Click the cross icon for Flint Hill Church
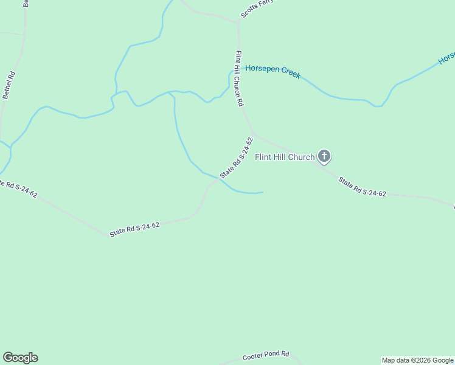[324, 156]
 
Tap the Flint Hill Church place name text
[285, 157]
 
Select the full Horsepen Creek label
[273, 71]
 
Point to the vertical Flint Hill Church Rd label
[239, 79]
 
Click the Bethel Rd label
[9, 85]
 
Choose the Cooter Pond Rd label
[266, 356]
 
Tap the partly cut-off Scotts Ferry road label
[256, 8]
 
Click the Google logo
[20, 358]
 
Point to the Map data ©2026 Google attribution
[417, 360]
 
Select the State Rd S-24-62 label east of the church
[362, 187]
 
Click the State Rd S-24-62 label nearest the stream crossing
[236, 158]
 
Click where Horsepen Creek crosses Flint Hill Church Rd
[239, 68]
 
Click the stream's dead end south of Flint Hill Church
[262, 193]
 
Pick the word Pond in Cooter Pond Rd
[271, 355]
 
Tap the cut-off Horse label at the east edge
[447, 58]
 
